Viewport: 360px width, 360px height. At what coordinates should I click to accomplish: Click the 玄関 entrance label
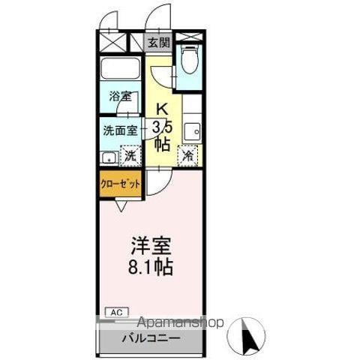pyautogui.click(x=159, y=43)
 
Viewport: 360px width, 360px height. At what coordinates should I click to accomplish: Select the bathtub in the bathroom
pyautogui.click(x=121, y=69)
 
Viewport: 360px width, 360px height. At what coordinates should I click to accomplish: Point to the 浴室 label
pyautogui.click(x=120, y=97)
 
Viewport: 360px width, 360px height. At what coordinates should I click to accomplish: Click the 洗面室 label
pyautogui.click(x=121, y=130)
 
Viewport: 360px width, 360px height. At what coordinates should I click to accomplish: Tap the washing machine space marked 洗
pyautogui.click(x=130, y=156)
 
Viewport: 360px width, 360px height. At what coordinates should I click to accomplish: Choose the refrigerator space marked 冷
pyautogui.click(x=187, y=156)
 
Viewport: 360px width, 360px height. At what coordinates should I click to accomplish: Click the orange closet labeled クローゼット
pyautogui.click(x=121, y=184)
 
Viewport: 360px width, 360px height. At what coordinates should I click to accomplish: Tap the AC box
pyautogui.click(x=116, y=313)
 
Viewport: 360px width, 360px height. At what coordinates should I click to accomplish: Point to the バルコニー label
pyautogui.click(x=151, y=339)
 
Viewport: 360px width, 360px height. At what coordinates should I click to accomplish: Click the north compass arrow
pyautogui.click(x=250, y=335)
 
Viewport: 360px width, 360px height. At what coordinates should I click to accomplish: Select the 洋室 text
pyautogui.click(x=151, y=246)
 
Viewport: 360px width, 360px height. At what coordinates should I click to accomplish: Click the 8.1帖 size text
pyautogui.click(x=151, y=267)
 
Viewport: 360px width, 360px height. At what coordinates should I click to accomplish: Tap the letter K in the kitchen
pyautogui.click(x=162, y=109)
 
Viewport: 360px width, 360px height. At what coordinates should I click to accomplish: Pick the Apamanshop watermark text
pyautogui.click(x=181, y=322)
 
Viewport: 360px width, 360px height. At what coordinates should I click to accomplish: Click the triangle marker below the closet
pyautogui.click(x=121, y=205)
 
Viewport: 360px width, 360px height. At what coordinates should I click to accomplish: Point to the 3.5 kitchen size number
pyautogui.click(x=162, y=129)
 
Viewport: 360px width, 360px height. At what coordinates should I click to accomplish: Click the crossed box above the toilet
pyautogui.click(x=189, y=36)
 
